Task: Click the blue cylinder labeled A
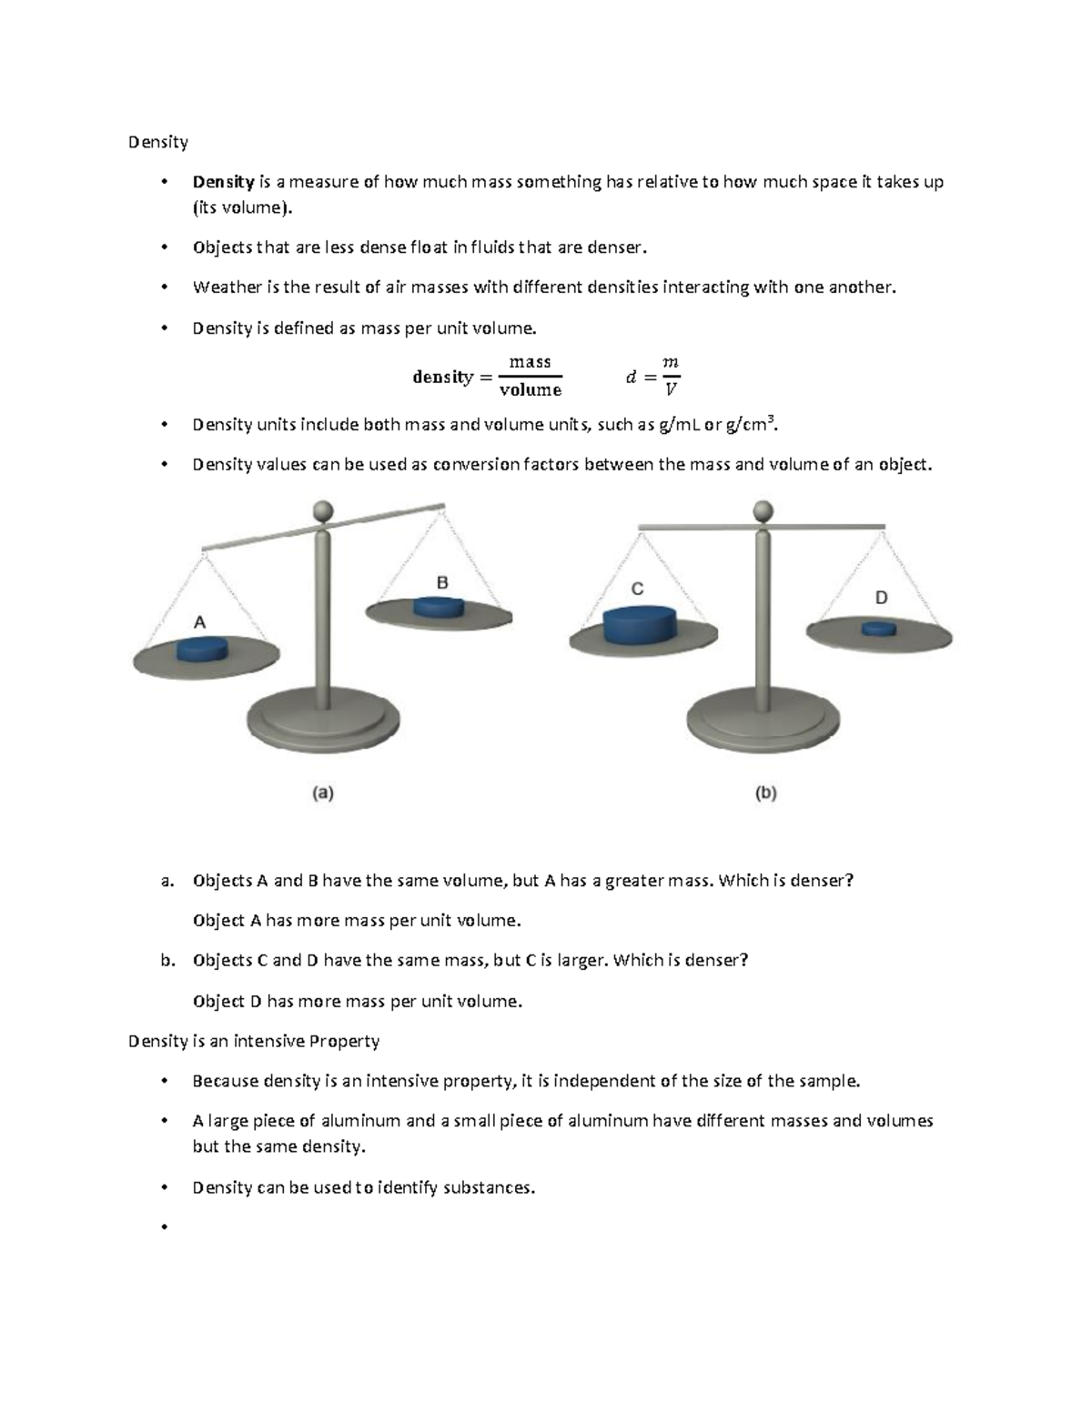point(201,649)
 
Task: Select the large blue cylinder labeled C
point(639,626)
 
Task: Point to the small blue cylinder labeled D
point(878,629)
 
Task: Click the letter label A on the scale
point(199,623)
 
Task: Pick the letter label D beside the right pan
point(881,598)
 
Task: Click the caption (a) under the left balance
point(323,793)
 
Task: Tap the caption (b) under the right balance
point(766,793)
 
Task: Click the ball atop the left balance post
point(323,511)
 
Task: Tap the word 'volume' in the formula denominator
point(531,390)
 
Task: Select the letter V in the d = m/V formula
point(671,390)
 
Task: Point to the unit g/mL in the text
point(680,425)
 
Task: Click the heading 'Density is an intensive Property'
point(254,1041)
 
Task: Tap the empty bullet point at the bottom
point(164,1227)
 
